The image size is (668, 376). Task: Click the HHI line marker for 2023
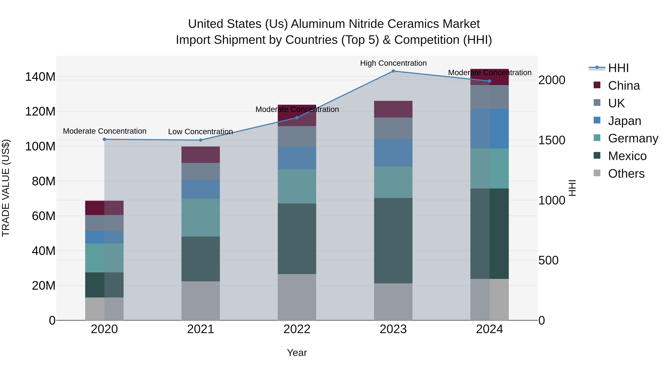393,71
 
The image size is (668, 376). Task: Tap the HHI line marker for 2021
200,140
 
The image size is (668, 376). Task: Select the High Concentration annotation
393,63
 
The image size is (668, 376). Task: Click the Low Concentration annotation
200,132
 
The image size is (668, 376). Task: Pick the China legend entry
623,86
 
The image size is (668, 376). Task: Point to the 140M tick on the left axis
40,77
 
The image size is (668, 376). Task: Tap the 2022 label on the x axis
297,329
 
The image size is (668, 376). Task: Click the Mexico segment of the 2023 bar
393,240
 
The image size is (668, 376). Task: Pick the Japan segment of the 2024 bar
489,129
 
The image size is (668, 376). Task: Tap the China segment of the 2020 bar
104,208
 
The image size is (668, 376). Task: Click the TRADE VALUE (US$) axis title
6,188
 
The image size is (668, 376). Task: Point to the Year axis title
297,353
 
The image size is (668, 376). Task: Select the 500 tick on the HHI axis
548,260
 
